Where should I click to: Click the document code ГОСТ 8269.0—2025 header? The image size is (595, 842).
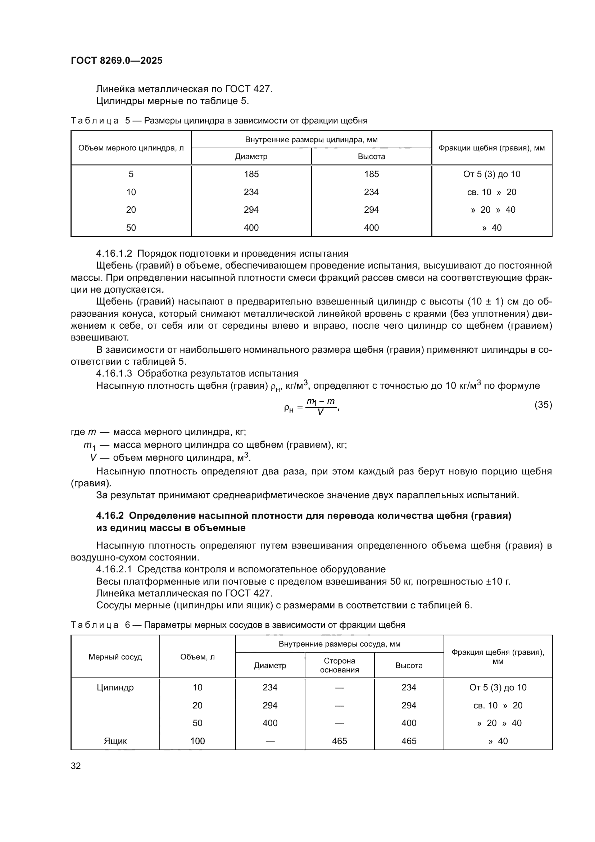click(117, 60)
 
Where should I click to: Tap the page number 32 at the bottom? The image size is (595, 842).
click(76, 766)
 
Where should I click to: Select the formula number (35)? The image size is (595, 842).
click(543, 405)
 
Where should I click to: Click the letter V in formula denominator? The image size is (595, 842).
click(320, 412)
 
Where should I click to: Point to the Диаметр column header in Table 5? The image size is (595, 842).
click(251, 157)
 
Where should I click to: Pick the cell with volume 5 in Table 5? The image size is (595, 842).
click(131, 174)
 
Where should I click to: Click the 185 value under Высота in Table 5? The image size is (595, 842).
click(371, 174)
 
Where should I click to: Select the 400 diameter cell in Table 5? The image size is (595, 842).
click(251, 228)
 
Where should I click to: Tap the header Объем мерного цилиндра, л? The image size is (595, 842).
click(131, 148)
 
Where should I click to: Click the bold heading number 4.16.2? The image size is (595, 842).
click(110, 515)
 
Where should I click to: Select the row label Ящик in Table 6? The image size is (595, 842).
click(115, 741)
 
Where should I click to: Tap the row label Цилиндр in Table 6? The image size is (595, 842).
click(115, 688)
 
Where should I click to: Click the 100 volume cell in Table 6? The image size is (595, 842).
click(197, 741)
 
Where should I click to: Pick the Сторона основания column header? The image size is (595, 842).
click(339, 665)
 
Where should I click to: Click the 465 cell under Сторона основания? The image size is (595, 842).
click(339, 741)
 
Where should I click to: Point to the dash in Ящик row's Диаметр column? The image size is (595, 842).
click(270, 741)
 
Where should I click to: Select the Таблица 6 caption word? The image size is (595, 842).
click(95, 625)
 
